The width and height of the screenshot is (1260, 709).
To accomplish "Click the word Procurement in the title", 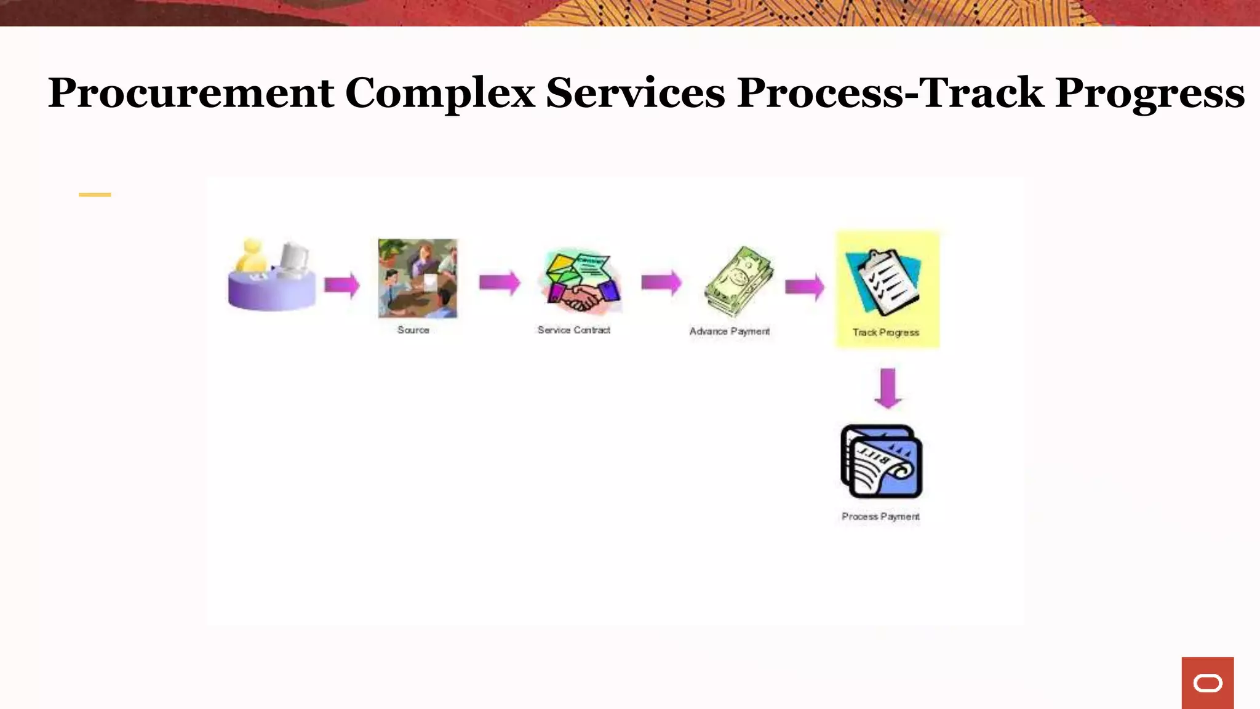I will (191, 94).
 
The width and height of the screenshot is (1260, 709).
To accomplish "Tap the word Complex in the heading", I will (439, 94).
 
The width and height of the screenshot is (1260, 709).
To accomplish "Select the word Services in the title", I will (635, 94).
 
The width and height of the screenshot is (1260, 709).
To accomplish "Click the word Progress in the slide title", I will (1149, 94).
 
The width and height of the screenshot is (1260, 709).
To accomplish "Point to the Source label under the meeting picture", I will (413, 330).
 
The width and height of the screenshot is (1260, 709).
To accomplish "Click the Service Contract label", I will (573, 330).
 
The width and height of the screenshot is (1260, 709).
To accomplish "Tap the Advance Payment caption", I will (729, 332).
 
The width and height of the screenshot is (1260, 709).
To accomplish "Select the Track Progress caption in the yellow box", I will (885, 333).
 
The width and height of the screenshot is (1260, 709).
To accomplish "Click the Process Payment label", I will (880, 517).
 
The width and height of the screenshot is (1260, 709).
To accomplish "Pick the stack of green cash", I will (738, 282).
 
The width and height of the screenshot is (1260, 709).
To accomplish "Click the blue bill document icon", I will (881, 462).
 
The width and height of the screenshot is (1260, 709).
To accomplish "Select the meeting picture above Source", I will (418, 279).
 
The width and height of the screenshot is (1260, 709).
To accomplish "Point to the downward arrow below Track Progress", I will (887, 388).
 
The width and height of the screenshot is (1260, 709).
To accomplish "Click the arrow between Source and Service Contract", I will (499, 283).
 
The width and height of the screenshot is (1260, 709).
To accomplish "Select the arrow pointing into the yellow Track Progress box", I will (804, 287).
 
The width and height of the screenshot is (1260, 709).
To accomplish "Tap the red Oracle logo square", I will (1207, 683).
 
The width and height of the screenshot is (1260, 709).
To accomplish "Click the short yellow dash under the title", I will (95, 194).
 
